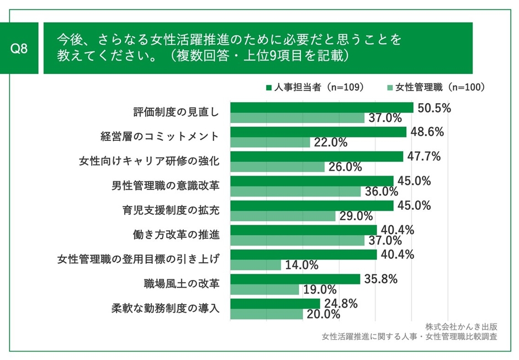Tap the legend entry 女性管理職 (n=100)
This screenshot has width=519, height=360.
pos(436,87)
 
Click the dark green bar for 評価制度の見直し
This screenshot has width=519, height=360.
pos(321,108)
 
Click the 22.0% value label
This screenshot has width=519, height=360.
pos(330,142)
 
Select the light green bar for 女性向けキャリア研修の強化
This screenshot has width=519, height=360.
pos(277,167)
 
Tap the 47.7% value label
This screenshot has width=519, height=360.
pos(424,156)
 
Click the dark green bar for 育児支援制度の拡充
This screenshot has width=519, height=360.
pos(311,205)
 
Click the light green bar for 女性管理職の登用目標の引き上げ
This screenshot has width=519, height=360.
pos(255,264)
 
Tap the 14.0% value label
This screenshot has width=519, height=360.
pos(301,265)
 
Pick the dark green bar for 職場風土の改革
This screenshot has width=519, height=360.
pos(295,279)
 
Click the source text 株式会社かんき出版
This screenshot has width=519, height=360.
pos(461,326)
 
